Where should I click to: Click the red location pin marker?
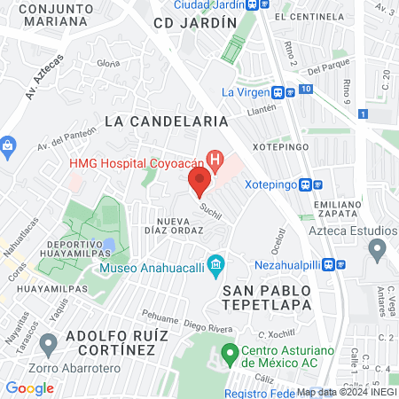pos(199,183)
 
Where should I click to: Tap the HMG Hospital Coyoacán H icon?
pos(214,160)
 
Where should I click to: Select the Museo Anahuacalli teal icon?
pos(215,265)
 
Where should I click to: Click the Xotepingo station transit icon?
pos(306,185)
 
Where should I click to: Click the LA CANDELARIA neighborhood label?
pos(166,120)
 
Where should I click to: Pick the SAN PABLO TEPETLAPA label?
pos(267,297)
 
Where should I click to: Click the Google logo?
pos(30,387)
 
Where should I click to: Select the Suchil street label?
pos(210,210)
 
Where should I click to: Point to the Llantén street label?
pos(262,108)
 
